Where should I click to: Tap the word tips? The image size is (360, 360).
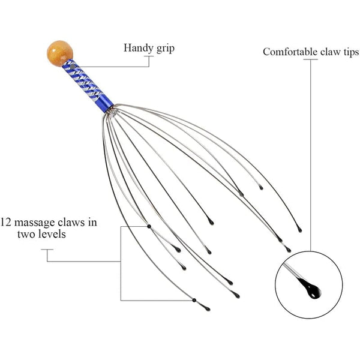[350, 52]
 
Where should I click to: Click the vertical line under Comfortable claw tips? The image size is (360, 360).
[310, 150]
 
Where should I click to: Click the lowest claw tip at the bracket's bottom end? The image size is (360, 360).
[194, 300]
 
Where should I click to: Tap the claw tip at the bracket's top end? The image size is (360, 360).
[148, 226]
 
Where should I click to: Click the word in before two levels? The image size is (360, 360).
[92, 222]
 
